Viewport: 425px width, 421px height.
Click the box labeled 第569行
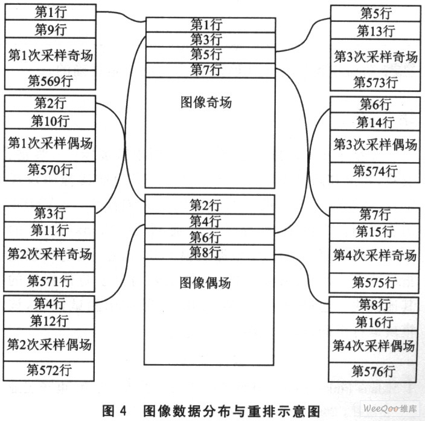tap(50, 80)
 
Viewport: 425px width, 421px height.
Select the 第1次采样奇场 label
tap(51, 55)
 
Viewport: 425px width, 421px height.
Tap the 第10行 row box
tap(50, 120)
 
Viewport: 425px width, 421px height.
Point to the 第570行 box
tap(50, 171)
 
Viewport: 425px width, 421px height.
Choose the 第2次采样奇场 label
tap(50, 254)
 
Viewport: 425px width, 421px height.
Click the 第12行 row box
tap(49, 320)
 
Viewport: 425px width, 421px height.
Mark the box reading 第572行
tap(49, 371)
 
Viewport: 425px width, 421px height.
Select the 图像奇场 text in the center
tap(206, 102)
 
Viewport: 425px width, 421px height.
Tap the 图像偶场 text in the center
tap(205, 282)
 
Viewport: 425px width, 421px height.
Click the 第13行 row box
tap(375, 30)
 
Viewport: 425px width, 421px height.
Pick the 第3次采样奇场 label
tap(375, 56)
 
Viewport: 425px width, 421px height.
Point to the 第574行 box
tap(375, 172)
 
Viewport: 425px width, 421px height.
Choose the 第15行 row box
tap(374, 232)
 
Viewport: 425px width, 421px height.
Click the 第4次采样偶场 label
tap(374, 345)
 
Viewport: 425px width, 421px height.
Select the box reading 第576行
tap(373, 372)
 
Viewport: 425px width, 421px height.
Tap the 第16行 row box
tap(374, 322)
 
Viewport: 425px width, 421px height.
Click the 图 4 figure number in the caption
tap(114, 410)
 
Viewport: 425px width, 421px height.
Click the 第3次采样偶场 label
tap(375, 144)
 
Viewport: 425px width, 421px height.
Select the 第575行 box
tap(374, 282)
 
